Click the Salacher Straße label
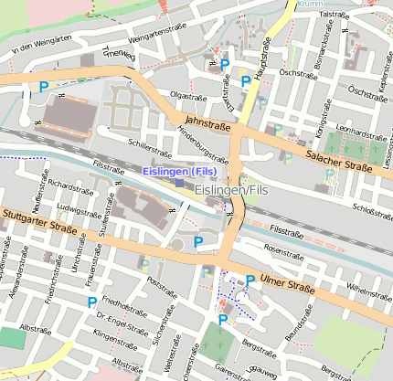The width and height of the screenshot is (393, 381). (339, 163)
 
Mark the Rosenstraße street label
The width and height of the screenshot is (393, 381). (282, 248)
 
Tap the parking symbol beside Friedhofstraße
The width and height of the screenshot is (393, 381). (92, 302)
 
